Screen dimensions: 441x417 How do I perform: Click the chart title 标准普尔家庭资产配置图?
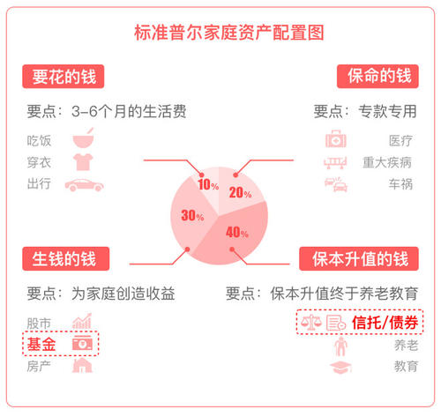click(229, 33)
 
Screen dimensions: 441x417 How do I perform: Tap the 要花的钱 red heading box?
click(64, 77)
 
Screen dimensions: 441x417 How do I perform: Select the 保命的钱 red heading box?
click(377, 77)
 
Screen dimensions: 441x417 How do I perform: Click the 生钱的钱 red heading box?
click(66, 258)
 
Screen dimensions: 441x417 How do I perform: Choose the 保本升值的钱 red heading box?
click(359, 258)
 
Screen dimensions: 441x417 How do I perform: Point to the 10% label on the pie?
click(208, 184)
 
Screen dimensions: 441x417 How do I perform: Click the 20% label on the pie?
click(240, 193)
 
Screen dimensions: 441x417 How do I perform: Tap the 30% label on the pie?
click(192, 215)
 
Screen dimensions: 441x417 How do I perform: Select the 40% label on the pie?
click(237, 232)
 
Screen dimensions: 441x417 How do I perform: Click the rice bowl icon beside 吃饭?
click(84, 138)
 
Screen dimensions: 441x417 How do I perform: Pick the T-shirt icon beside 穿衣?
click(83, 161)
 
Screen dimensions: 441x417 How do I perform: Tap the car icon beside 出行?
click(85, 185)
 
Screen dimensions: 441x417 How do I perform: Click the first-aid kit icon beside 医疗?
click(336, 138)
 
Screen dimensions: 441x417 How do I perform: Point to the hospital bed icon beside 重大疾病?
click(335, 162)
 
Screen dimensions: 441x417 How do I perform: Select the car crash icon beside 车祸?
click(336, 184)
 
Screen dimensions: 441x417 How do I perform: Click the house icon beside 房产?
click(82, 366)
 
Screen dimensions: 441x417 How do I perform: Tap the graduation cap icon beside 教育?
click(340, 367)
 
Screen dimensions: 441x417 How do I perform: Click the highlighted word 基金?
click(41, 344)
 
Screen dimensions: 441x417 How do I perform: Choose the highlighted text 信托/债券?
click(385, 323)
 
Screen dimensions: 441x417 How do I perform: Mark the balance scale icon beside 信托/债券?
click(311, 322)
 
